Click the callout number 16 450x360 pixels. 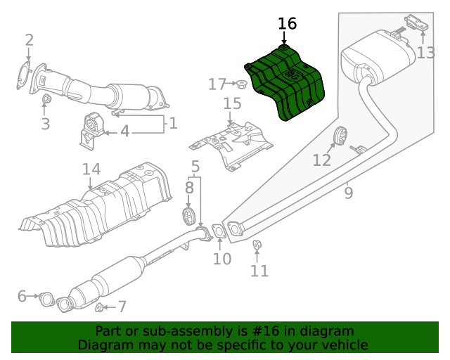pyautogui.click(x=287, y=24)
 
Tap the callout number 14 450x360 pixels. pyautogui.click(x=91, y=170)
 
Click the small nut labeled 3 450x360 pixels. pyautogui.click(x=46, y=100)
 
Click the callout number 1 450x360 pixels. pyautogui.click(x=172, y=124)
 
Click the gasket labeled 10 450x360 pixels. pyautogui.click(x=219, y=231)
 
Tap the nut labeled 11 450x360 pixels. pyautogui.click(x=257, y=245)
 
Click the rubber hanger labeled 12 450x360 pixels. pyautogui.click(x=338, y=136)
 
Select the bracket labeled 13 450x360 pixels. pyautogui.click(x=415, y=25)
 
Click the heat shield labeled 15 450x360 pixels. pyautogui.click(x=232, y=144)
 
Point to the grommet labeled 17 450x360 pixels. pyautogui.click(x=241, y=84)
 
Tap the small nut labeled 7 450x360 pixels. pyautogui.click(x=101, y=307)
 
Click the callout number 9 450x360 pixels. pyautogui.click(x=349, y=191)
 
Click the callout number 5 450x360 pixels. pyautogui.click(x=195, y=167)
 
